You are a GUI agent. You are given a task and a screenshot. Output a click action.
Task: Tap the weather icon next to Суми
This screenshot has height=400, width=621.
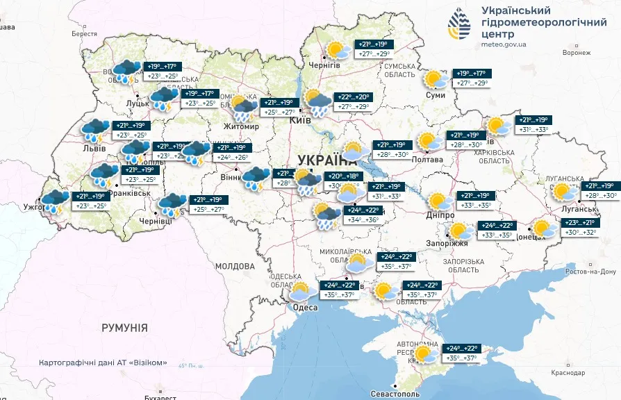point(436,80)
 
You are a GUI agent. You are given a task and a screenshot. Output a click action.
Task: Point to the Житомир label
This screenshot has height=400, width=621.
point(241,127)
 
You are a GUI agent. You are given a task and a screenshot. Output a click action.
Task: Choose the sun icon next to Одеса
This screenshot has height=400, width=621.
point(300,292)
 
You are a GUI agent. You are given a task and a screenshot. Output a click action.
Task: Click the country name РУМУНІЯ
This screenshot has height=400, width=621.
point(124,327)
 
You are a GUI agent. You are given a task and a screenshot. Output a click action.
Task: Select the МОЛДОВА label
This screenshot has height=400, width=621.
point(235,266)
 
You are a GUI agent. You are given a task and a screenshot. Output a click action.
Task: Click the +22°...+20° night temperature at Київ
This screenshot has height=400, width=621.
point(354,97)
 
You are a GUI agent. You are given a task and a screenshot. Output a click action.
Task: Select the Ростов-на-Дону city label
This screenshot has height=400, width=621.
point(590,272)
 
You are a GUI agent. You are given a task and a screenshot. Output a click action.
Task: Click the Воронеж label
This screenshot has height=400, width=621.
point(577,52)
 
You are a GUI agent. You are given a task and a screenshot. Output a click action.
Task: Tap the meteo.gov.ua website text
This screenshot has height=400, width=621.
point(504,44)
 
